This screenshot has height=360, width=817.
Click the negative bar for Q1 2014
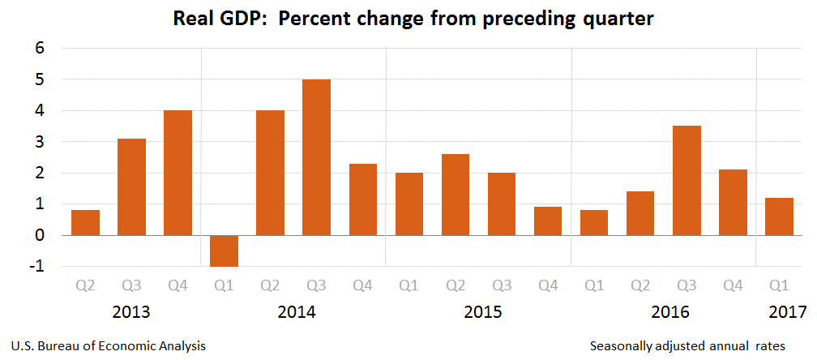(x=224, y=251)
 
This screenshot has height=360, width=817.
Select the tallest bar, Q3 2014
(x=316, y=157)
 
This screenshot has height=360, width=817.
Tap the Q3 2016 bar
(x=687, y=180)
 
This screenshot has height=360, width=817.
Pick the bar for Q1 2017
(x=779, y=216)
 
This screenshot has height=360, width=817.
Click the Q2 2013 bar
(x=85, y=222)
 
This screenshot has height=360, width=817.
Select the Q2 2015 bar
(x=456, y=195)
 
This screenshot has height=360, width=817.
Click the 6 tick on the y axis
(x=39, y=49)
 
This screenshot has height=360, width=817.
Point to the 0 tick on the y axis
(x=39, y=236)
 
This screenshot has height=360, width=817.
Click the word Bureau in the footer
(x=61, y=346)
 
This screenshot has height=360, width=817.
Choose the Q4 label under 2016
(x=733, y=285)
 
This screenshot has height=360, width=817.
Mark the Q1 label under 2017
(x=779, y=285)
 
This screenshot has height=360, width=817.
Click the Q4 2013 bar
(x=178, y=173)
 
